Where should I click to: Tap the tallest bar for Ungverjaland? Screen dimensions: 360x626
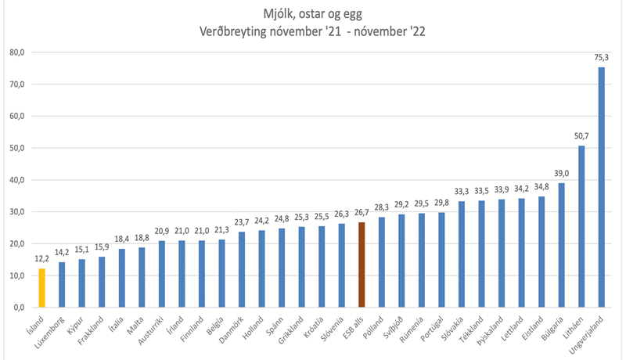tap(601, 187)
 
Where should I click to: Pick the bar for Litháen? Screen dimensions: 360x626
tap(581, 226)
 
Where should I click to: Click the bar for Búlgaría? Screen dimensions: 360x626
tap(562, 245)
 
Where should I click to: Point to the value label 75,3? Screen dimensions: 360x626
tap(601, 58)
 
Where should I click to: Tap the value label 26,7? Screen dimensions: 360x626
tap(362, 213)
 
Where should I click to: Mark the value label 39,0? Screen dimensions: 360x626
tap(562, 174)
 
